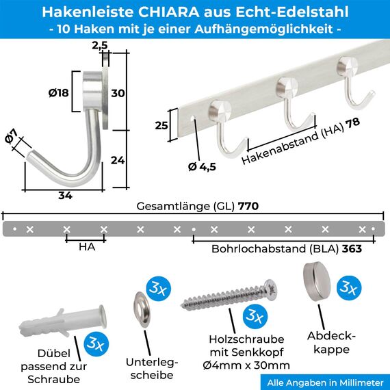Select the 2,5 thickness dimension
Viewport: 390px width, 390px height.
click(99, 44)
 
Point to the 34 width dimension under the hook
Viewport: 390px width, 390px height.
click(66, 196)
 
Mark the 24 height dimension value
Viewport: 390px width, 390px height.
click(118, 161)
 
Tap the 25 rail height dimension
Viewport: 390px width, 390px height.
click(161, 126)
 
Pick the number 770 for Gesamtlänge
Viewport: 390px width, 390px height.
click(248, 206)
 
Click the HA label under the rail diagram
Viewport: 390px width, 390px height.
click(86, 247)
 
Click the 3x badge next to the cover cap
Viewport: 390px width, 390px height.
click(349, 288)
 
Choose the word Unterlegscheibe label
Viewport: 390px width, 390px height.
click(152, 368)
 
